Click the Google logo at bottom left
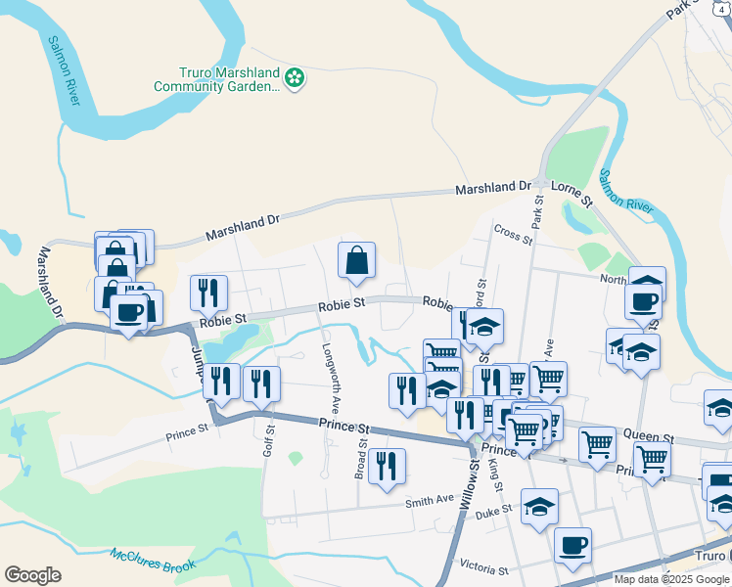pos(32,575)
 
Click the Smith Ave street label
pos(430,503)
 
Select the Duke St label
pos(494,512)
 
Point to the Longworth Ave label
pos(335,386)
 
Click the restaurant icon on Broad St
pos(389,466)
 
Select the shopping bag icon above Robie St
pos(357,260)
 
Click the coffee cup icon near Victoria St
pos(572,545)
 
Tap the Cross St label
pos(513,235)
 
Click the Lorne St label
pos(572,192)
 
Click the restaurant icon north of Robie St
pos(208,292)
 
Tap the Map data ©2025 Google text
pos(671,579)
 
